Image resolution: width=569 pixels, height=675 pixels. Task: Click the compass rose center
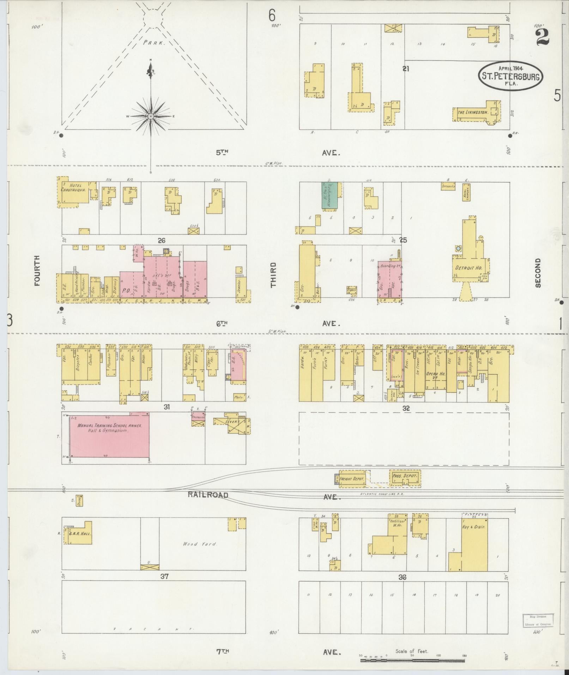151,116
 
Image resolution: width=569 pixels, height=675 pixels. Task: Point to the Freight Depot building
351,479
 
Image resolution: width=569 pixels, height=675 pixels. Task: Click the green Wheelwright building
329,196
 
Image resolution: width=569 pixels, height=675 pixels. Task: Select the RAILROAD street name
207,495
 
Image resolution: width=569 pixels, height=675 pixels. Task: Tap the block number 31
167,407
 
